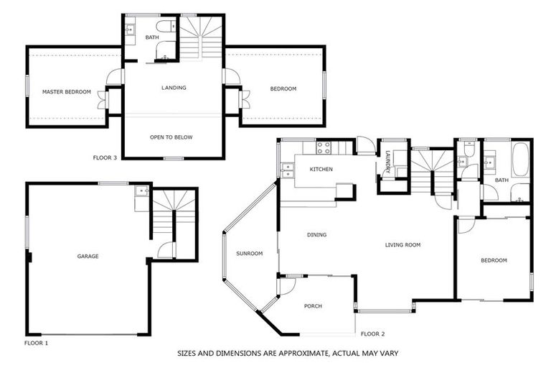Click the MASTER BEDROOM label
[67, 92]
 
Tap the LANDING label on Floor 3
[174, 88]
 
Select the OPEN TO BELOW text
[171, 137]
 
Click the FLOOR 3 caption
[105, 157]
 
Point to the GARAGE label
[88, 256]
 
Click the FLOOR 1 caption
[36, 344]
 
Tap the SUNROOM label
[250, 253]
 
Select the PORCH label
[313, 306]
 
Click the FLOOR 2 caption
[373, 333]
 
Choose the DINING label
[316, 235]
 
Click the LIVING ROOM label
[402, 245]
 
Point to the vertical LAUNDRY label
[387, 162]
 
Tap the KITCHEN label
[320, 169]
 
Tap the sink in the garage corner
[141, 192]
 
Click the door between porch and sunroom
[286, 285]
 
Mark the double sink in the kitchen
[287, 171]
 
